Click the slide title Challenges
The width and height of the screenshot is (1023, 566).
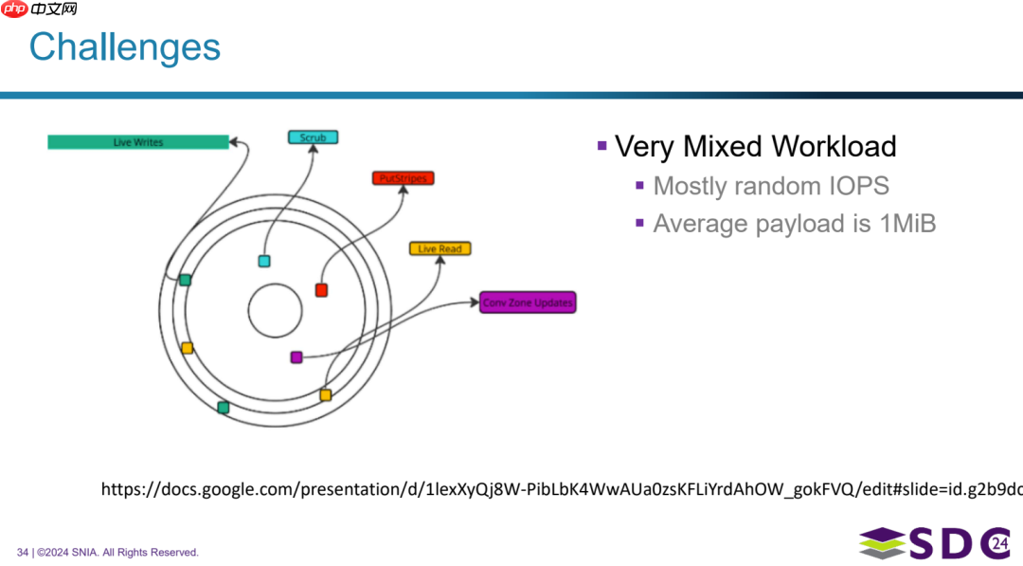(124, 47)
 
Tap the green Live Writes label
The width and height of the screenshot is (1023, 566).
(138, 142)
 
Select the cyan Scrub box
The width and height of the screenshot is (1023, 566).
(313, 137)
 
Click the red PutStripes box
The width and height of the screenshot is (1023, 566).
(403, 178)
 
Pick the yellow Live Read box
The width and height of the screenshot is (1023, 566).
(440, 248)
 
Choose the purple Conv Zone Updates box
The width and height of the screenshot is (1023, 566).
(528, 302)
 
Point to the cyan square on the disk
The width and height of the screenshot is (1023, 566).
(264, 261)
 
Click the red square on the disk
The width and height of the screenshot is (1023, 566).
(321, 290)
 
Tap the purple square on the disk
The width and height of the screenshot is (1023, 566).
(296, 357)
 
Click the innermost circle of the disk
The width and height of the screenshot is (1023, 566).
(275, 311)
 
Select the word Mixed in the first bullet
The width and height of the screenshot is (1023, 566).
(722, 147)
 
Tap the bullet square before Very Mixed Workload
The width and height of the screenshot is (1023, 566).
(601, 145)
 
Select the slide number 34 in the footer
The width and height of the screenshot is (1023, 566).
(23, 552)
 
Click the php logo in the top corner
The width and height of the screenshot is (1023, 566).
(15, 9)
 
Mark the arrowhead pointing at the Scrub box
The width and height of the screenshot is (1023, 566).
(313, 151)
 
